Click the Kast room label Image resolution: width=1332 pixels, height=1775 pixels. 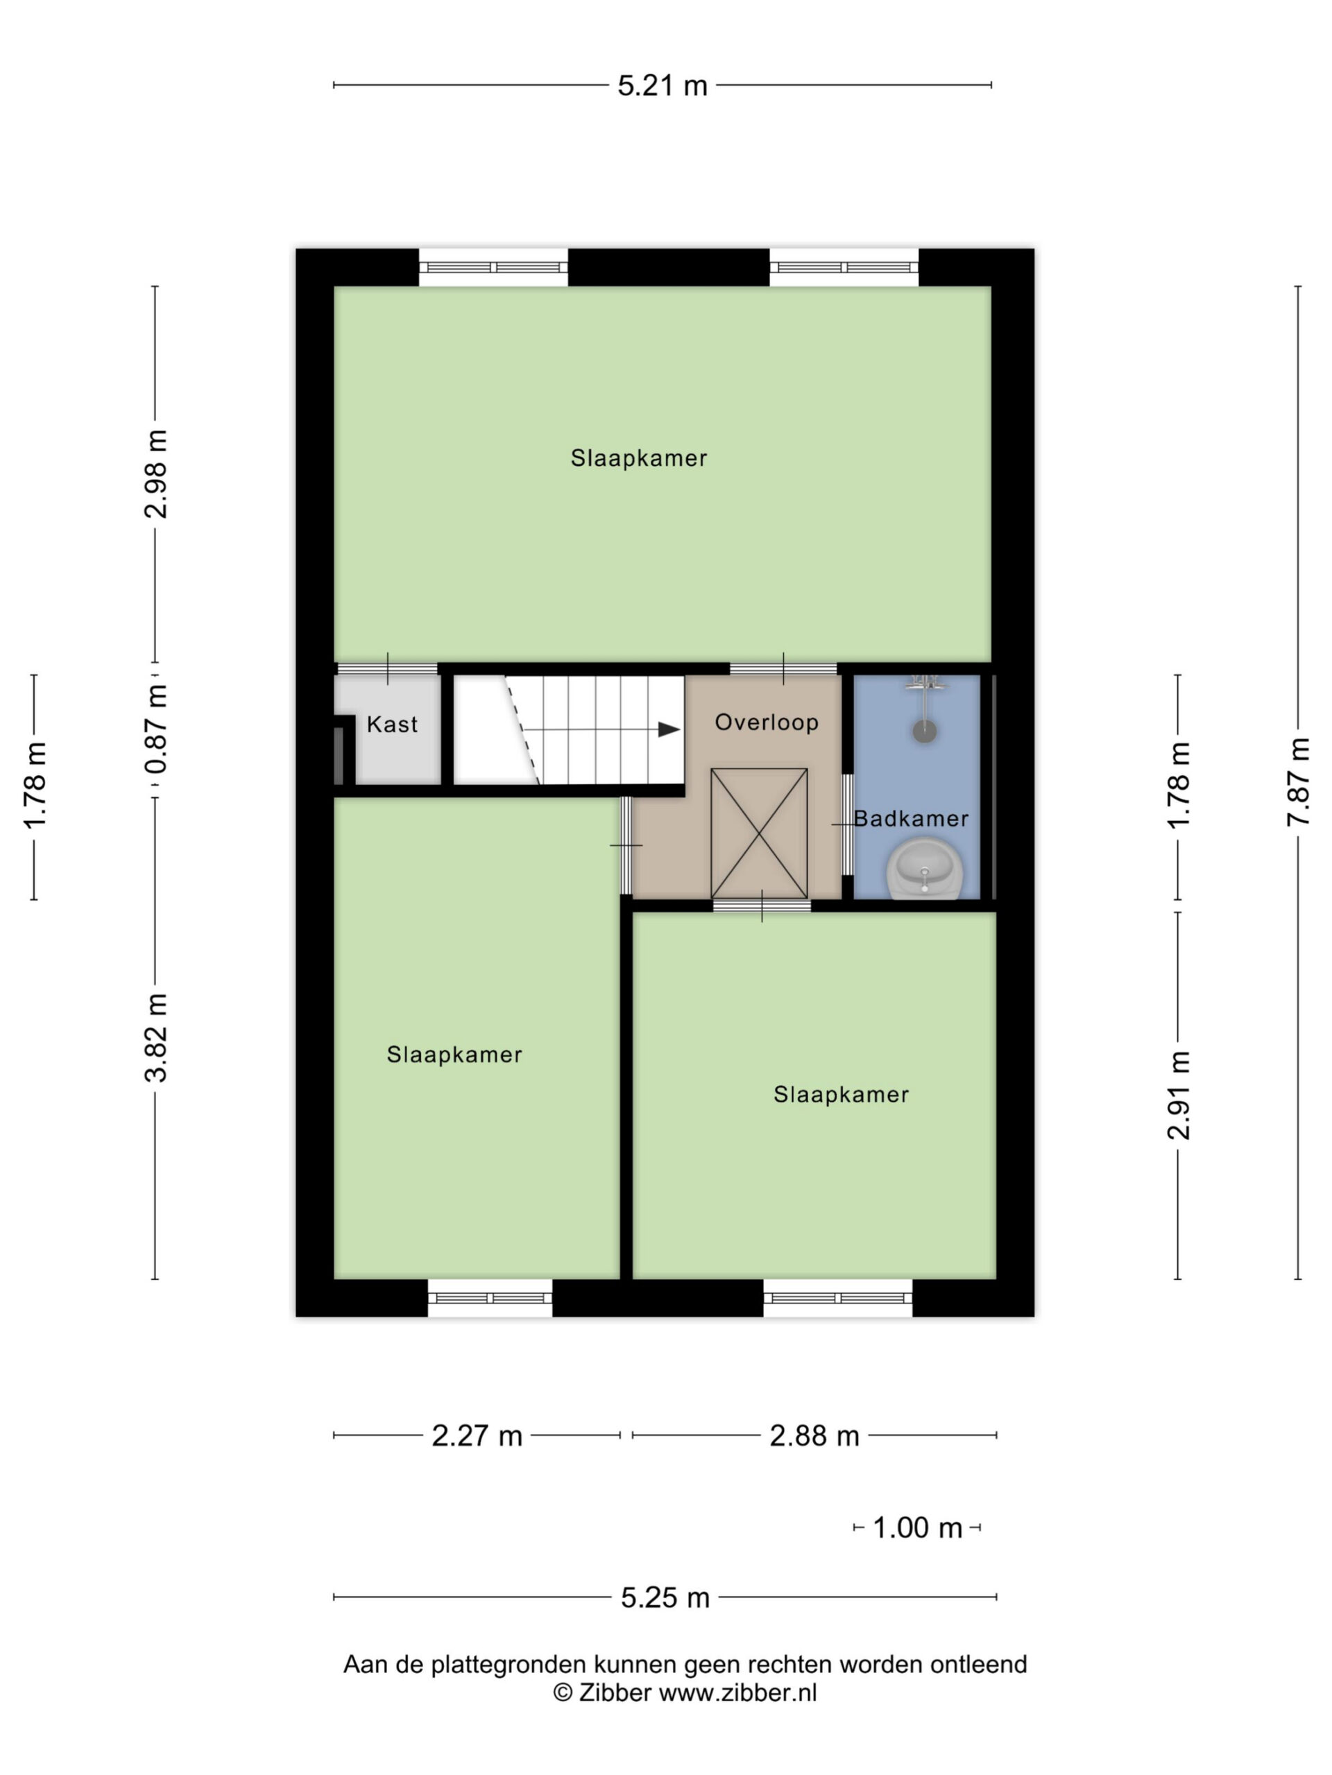pyautogui.click(x=392, y=725)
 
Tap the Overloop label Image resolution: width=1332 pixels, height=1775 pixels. pyautogui.click(x=767, y=722)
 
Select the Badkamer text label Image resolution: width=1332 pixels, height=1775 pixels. pyautogui.click(x=910, y=818)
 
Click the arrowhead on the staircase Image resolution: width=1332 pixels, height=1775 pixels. pyautogui.click(x=669, y=729)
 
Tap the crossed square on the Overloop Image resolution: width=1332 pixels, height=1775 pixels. pyautogui.click(x=759, y=833)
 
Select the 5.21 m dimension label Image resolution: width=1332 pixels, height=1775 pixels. pyautogui.click(x=663, y=86)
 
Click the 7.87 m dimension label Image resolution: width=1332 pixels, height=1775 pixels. pyautogui.click(x=1298, y=781)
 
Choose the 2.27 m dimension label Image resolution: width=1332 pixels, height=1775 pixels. pyautogui.click(x=477, y=1435)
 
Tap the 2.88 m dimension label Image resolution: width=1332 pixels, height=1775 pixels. pyautogui.click(x=814, y=1435)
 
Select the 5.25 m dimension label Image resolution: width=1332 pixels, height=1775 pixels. pyautogui.click(x=665, y=1597)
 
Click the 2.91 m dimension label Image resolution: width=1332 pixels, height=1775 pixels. pyautogui.click(x=1179, y=1096)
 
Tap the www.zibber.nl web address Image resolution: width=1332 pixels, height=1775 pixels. pyautogui.click(x=738, y=1692)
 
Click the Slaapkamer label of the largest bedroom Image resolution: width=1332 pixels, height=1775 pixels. pyautogui.click(x=639, y=458)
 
